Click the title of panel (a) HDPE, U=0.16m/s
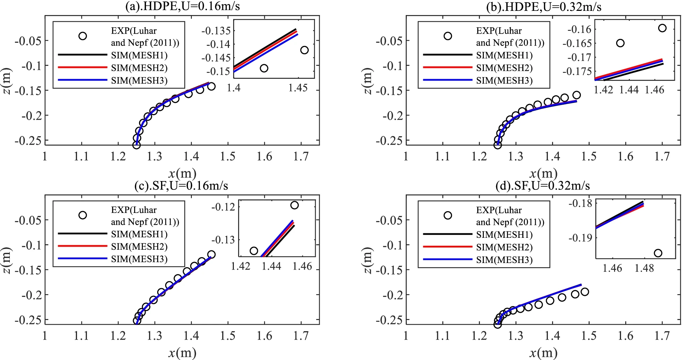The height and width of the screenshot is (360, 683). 182,6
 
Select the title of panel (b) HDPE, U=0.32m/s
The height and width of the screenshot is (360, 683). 544,7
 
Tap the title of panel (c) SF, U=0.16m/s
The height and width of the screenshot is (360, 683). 181,186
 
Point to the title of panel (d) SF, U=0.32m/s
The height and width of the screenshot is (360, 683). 543,186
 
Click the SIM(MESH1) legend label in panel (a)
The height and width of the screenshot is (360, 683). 139,55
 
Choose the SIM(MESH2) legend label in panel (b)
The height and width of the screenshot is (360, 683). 504,68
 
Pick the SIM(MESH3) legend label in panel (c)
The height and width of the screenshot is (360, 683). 139,259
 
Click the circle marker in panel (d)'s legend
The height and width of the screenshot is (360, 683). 448,215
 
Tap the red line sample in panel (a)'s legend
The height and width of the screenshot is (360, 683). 83,67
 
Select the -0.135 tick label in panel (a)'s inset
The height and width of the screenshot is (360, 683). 216,31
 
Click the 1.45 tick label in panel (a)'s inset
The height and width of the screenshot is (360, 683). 298,88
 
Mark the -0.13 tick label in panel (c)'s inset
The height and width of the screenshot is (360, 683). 223,240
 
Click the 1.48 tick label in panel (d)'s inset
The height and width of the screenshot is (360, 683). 644,268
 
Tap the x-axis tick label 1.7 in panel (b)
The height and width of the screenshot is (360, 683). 662,156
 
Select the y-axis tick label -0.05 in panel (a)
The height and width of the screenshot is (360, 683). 28,41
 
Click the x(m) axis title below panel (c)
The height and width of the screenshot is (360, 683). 182,353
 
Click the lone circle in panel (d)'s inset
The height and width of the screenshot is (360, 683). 658,253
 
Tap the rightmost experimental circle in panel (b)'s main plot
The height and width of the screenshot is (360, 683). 577,95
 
